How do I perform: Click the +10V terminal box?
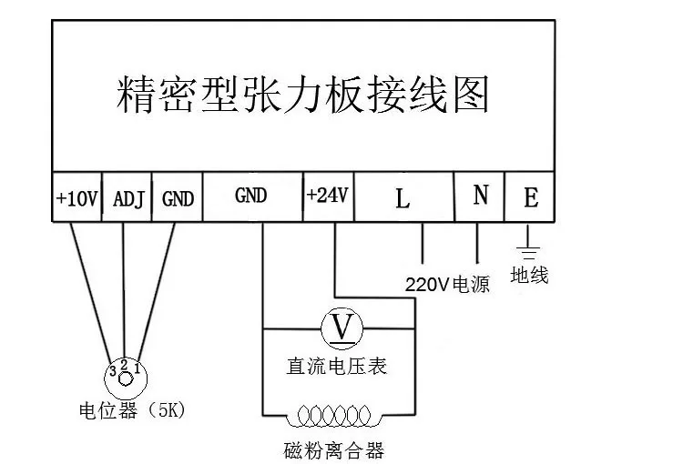click(76, 197)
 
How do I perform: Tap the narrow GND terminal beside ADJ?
click(178, 197)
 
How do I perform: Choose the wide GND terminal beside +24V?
click(251, 197)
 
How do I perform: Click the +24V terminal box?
click(328, 197)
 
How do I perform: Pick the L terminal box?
click(403, 197)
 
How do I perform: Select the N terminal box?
click(479, 197)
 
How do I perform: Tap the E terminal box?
click(531, 197)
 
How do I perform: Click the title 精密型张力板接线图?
click(303, 94)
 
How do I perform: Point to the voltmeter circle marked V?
click(342, 327)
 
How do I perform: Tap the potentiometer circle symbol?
click(125, 376)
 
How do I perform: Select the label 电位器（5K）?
click(132, 410)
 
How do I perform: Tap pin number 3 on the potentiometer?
click(112, 370)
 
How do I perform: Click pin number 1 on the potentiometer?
click(137, 368)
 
